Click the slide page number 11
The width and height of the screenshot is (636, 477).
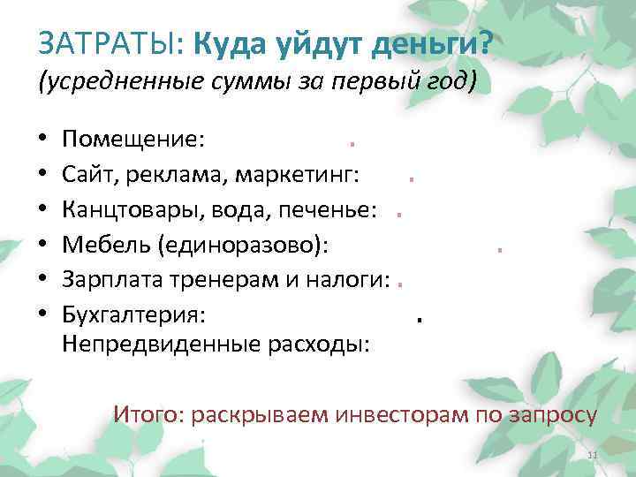point(593,455)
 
